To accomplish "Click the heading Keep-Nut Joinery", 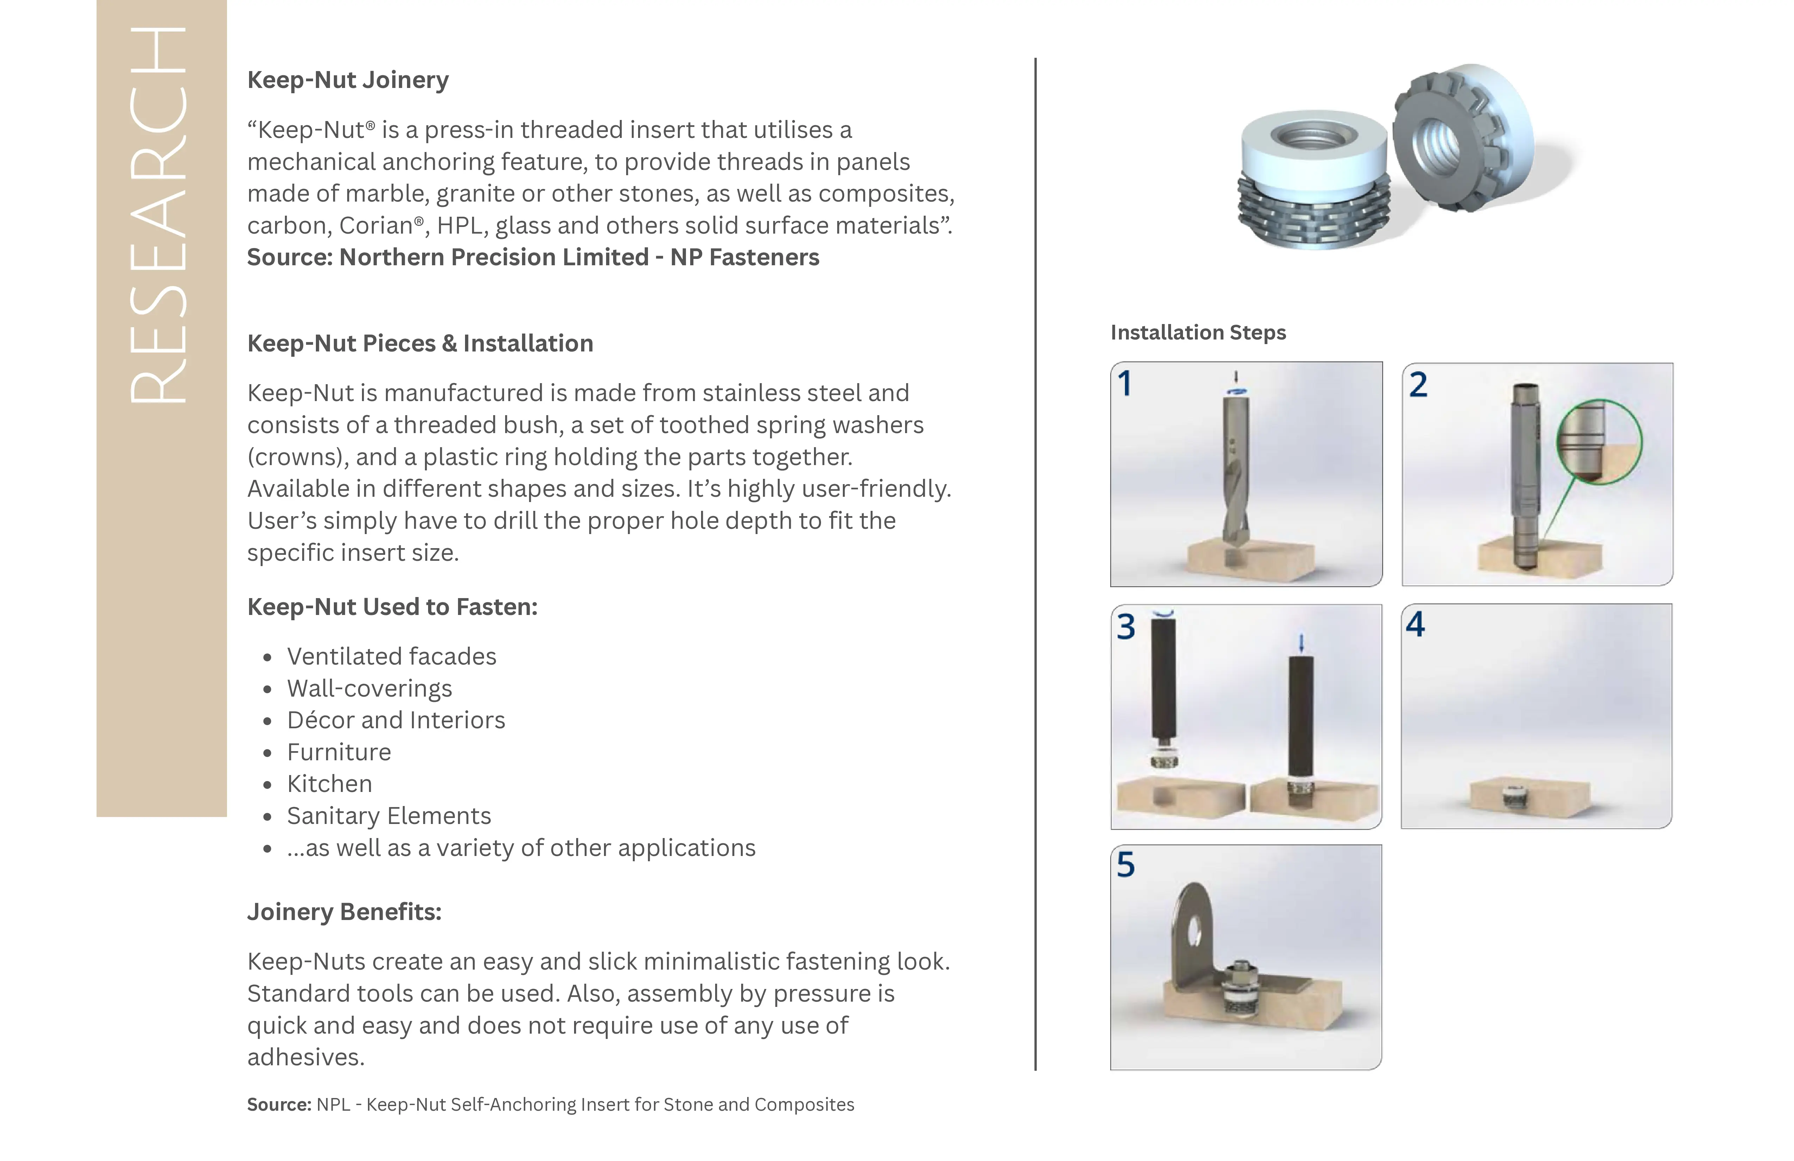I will [x=348, y=80].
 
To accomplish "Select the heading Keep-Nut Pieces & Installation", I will [x=420, y=344].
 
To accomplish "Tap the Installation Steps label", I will [x=1198, y=332].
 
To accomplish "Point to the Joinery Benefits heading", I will [x=344, y=912].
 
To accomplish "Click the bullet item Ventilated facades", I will [x=391, y=656].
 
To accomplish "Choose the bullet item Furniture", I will [x=338, y=753].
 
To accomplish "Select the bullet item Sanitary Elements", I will [x=388, y=817].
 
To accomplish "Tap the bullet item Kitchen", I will [x=329, y=784].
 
